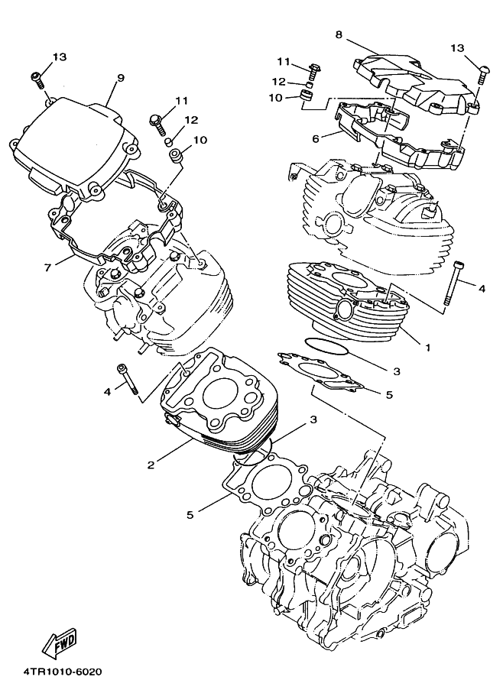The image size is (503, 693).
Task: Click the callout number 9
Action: pyautogui.click(x=120, y=79)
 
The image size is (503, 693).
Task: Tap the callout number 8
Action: pyautogui.click(x=338, y=35)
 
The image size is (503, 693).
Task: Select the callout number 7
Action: pyautogui.click(x=47, y=267)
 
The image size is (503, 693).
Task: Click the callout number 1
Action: pyautogui.click(x=428, y=347)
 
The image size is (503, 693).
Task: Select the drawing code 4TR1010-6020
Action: pyautogui.click(x=51, y=673)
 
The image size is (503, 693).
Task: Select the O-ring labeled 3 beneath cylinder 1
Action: pyautogui.click(x=326, y=347)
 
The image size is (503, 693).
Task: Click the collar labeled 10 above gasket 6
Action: pyautogui.click(x=306, y=96)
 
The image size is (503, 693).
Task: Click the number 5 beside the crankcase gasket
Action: pyautogui.click(x=190, y=514)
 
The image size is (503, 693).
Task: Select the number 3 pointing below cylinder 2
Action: pyautogui.click(x=313, y=420)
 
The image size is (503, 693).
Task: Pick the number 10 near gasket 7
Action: pyautogui.click(x=200, y=140)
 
